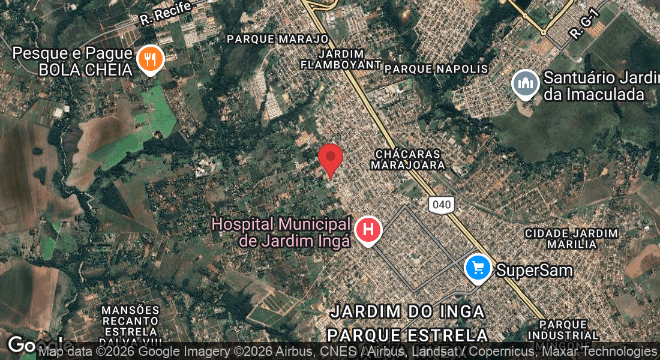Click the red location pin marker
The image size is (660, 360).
[x=330, y=158]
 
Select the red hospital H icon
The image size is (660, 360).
[x=368, y=229]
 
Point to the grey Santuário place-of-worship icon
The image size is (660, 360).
[x=526, y=84]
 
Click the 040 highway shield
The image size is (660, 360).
[x=441, y=204]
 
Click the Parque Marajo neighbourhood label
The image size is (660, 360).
[x=278, y=39]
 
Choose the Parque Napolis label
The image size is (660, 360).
[x=436, y=69]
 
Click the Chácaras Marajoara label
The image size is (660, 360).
[x=408, y=159]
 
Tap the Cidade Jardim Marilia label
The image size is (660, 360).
[x=571, y=238]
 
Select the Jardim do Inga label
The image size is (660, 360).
[x=407, y=311]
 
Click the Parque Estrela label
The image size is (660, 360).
[x=407, y=334]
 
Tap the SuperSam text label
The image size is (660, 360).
[x=534, y=270]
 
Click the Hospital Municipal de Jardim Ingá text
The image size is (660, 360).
[x=281, y=232]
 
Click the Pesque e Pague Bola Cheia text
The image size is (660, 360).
[x=72, y=61]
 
